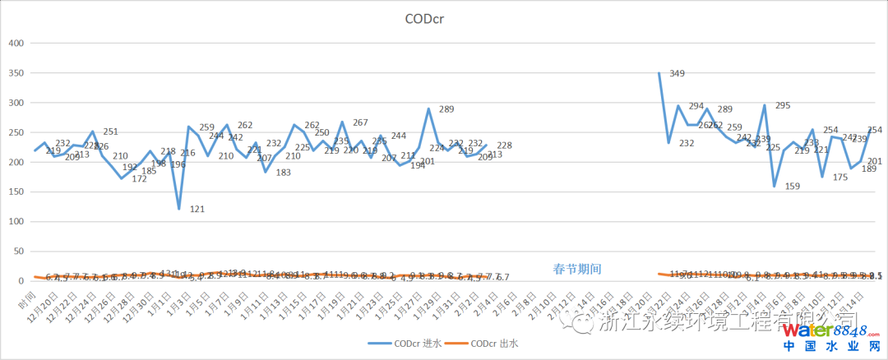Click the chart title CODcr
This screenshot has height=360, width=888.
coord(442,18)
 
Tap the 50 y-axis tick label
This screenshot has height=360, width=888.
coord(20,252)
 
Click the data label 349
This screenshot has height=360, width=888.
coord(678,74)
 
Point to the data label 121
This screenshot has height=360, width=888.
coord(197,210)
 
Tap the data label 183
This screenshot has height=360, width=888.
coord(284,173)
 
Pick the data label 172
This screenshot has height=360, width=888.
coord(140,179)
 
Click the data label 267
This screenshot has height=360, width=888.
coord(360,122)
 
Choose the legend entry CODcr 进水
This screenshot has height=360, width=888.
coord(412,343)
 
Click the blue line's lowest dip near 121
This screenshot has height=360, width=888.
coord(179,209)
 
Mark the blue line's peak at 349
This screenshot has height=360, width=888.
coord(659,73)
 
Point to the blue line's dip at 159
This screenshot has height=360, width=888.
coord(774,186)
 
